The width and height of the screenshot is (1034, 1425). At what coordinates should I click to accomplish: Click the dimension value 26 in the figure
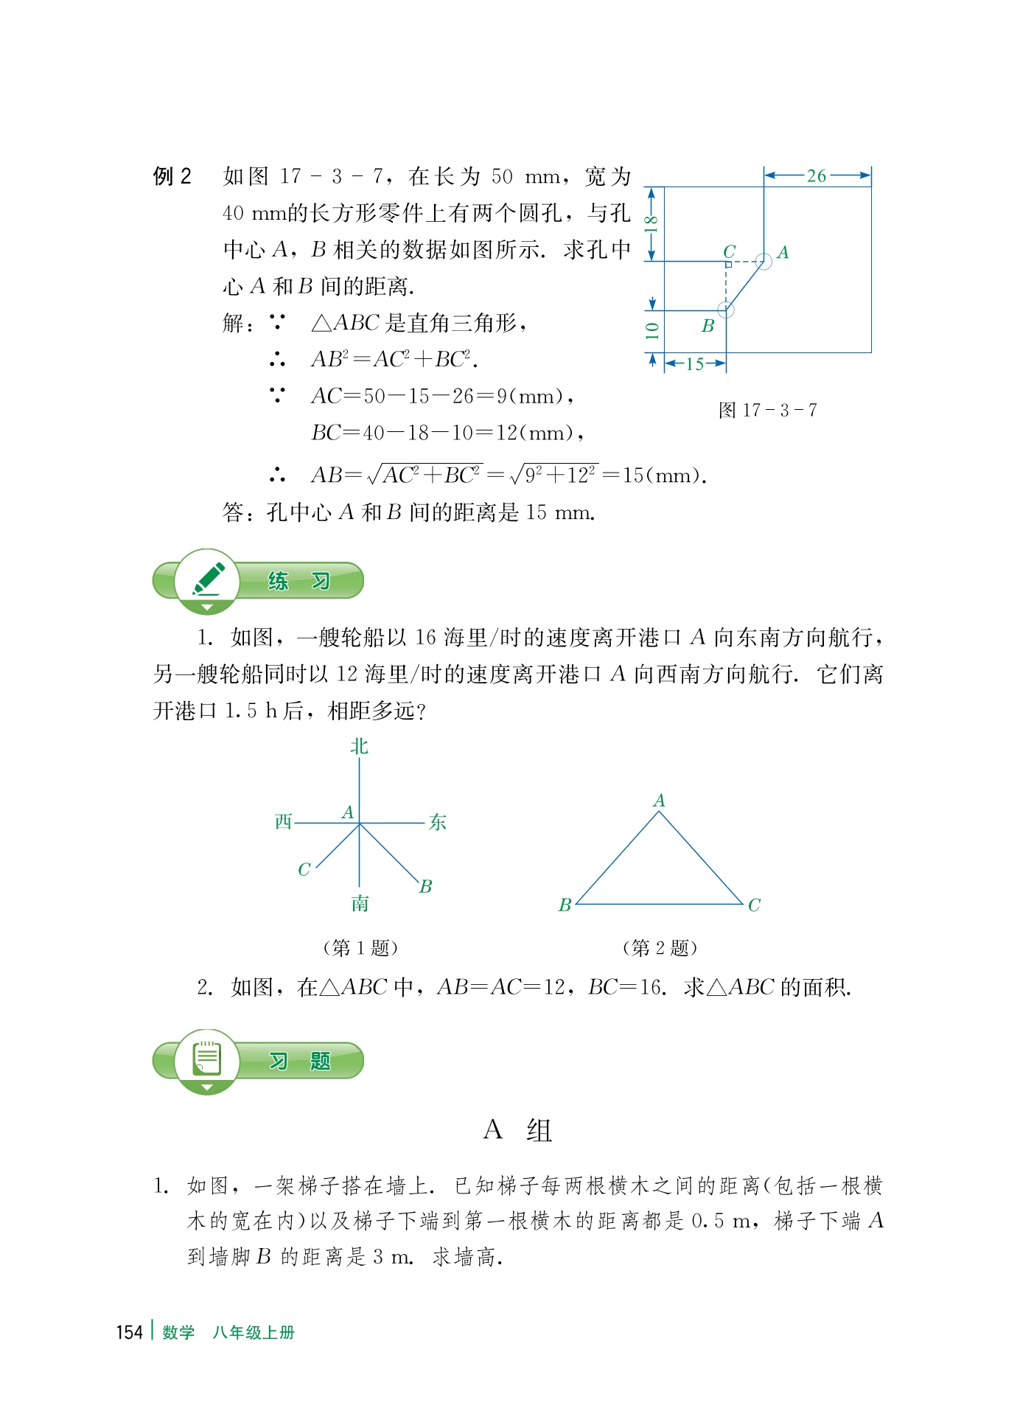[x=816, y=176]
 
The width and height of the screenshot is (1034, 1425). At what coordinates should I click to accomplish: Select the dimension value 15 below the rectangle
[x=694, y=363]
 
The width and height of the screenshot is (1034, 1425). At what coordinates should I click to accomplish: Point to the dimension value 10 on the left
[x=652, y=330]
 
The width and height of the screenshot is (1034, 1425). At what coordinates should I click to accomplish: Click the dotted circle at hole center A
[x=764, y=261]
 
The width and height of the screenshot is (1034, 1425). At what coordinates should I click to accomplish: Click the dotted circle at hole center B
[x=726, y=310]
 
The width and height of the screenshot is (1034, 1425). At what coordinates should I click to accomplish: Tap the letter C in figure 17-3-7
[x=729, y=251]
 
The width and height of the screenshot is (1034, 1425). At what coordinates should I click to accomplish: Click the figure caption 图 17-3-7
[x=767, y=410]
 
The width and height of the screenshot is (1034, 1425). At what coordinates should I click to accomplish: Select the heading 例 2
[x=172, y=176]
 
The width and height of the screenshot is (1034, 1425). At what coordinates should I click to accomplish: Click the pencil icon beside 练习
[x=208, y=579]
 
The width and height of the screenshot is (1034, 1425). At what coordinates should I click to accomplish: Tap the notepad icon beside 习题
[x=207, y=1059]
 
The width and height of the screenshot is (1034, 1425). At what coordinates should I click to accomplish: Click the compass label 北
[x=359, y=747]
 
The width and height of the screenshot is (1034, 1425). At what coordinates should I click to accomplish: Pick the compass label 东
[x=438, y=822]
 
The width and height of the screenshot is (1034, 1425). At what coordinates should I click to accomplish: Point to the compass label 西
[x=284, y=822]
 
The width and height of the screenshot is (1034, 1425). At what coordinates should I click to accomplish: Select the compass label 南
[x=360, y=904]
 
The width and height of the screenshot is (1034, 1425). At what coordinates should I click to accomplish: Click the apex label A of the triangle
[x=659, y=801]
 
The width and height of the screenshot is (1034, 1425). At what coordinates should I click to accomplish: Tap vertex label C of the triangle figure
[x=754, y=905]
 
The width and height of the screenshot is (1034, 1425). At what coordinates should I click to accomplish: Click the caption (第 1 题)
[x=360, y=947]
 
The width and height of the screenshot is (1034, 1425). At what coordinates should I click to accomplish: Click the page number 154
[x=129, y=1332]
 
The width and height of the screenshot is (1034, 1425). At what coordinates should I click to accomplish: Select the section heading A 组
[x=517, y=1130]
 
